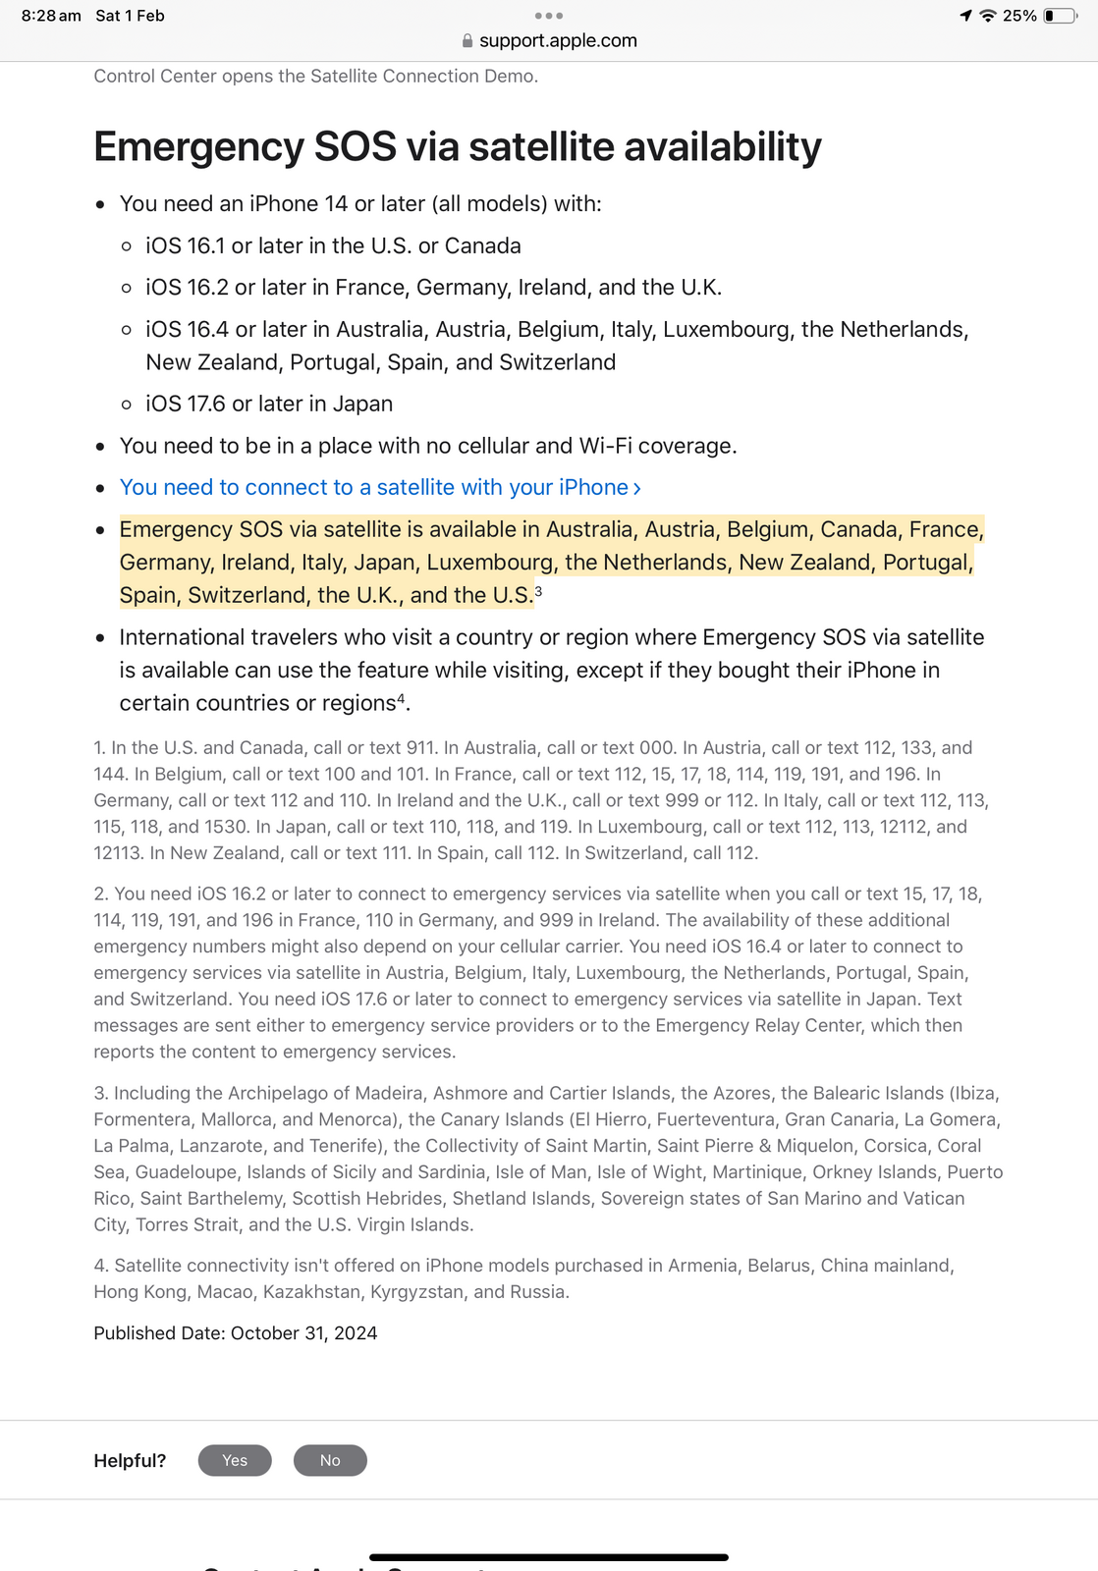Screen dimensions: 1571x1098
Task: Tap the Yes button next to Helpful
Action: tap(235, 1460)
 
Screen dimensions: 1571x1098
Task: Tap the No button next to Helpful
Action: tap(330, 1460)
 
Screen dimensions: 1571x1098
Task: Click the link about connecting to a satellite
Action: tap(380, 488)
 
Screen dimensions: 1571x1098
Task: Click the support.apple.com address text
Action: tap(558, 41)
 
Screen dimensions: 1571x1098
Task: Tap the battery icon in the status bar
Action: tap(1060, 16)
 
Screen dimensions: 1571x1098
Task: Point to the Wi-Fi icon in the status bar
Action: tap(988, 16)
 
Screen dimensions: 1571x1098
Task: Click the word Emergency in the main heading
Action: tap(198, 147)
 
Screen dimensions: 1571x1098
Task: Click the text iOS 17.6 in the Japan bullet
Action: tap(185, 405)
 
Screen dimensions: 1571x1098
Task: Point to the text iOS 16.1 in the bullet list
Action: tap(185, 246)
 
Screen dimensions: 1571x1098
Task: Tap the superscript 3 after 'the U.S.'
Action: tap(538, 591)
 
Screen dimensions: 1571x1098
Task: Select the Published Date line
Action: tap(236, 1333)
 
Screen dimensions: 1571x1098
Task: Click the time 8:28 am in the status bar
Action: tap(51, 16)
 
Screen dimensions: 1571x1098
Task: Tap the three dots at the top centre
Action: tap(549, 16)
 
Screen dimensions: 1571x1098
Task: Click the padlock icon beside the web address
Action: tap(467, 41)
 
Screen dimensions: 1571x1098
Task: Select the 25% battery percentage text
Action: tap(1019, 16)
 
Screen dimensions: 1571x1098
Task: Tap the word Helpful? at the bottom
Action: tap(130, 1461)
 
